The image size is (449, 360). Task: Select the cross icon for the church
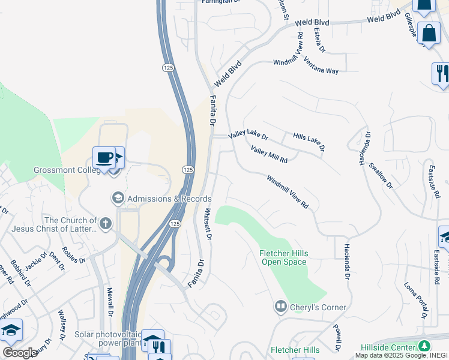click(x=106, y=224)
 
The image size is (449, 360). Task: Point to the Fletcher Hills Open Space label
click(x=283, y=257)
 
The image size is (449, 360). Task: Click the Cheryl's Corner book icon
click(x=280, y=307)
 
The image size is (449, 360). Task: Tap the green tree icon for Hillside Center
click(x=424, y=347)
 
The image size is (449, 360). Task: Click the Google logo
click(x=20, y=353)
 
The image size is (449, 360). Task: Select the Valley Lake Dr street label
click(x=248, y=137)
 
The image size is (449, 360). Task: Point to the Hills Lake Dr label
click(x=309, y=142)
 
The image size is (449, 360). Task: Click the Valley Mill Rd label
click(x=269, y=156)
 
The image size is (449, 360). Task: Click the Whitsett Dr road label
click(x=208, y=224)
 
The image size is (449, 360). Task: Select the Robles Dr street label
click(x=74, y=255)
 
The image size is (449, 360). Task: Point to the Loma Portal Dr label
click(x=415, y=300)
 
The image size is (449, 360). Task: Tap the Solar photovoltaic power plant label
click(x=108, y=340)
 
